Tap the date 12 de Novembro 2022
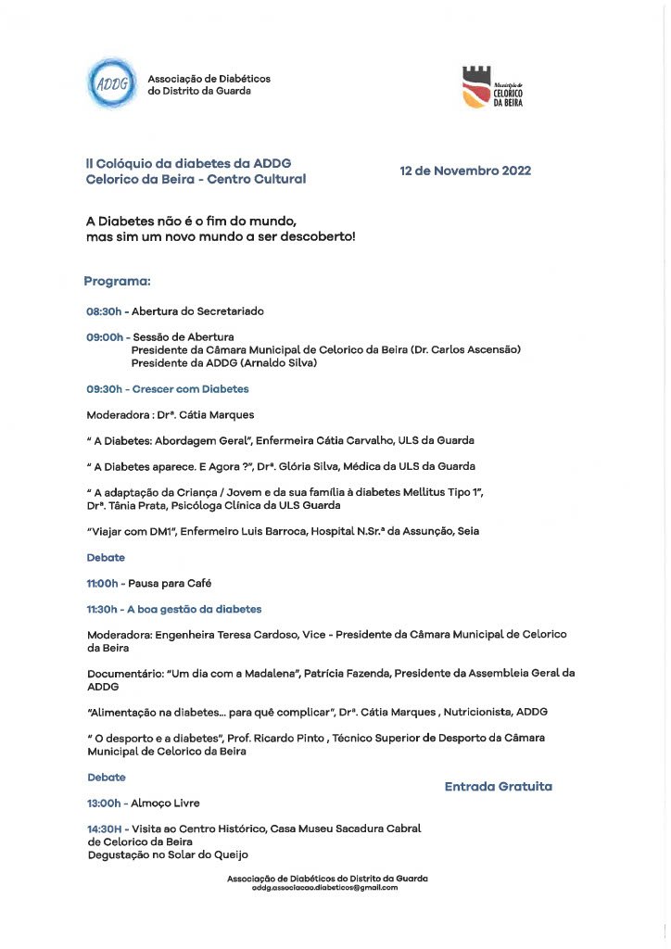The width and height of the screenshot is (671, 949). [465, 171]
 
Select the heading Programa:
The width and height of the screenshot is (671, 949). [117, 281]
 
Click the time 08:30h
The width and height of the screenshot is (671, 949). [104, 311]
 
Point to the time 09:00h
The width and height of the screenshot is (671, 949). [104, 336]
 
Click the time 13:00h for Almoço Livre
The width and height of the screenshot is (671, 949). [104, 803]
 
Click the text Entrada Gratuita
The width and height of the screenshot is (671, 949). [498, 786]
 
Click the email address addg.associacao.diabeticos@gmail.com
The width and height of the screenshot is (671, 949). [324, 888]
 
